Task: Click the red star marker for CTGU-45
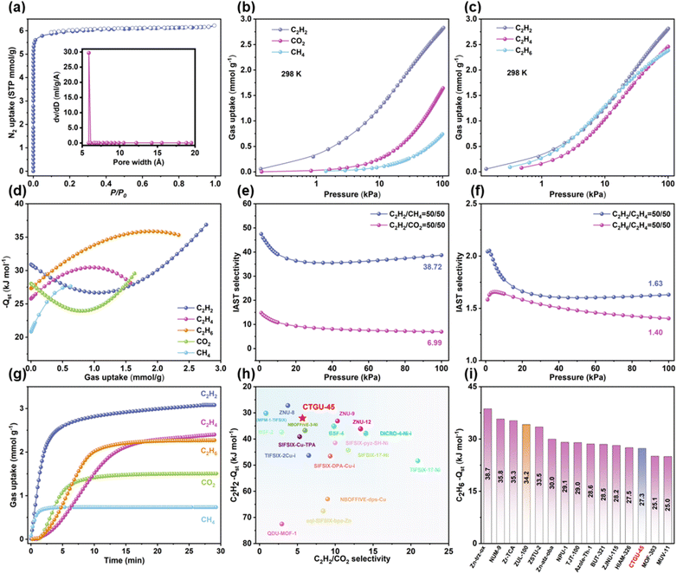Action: (301, 418)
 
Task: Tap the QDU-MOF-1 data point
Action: (281, 524)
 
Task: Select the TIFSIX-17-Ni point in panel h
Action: (417, 461)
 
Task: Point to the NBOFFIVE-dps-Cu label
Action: (364, 499)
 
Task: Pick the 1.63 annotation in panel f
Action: (656, 284)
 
